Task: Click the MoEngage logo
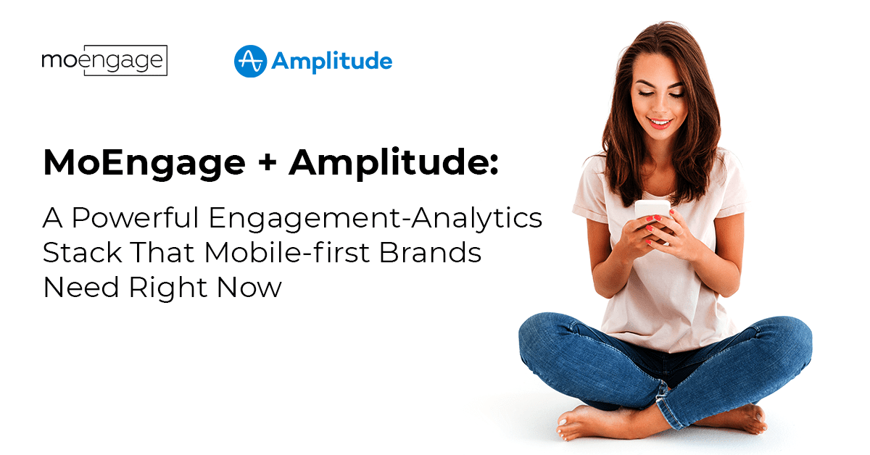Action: coord(104,60)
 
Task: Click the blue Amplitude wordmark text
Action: coord(332,62)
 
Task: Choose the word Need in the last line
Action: coord(80,288)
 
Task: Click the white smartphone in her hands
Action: coord(652,211)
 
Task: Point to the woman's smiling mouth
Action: coord(660,123)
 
